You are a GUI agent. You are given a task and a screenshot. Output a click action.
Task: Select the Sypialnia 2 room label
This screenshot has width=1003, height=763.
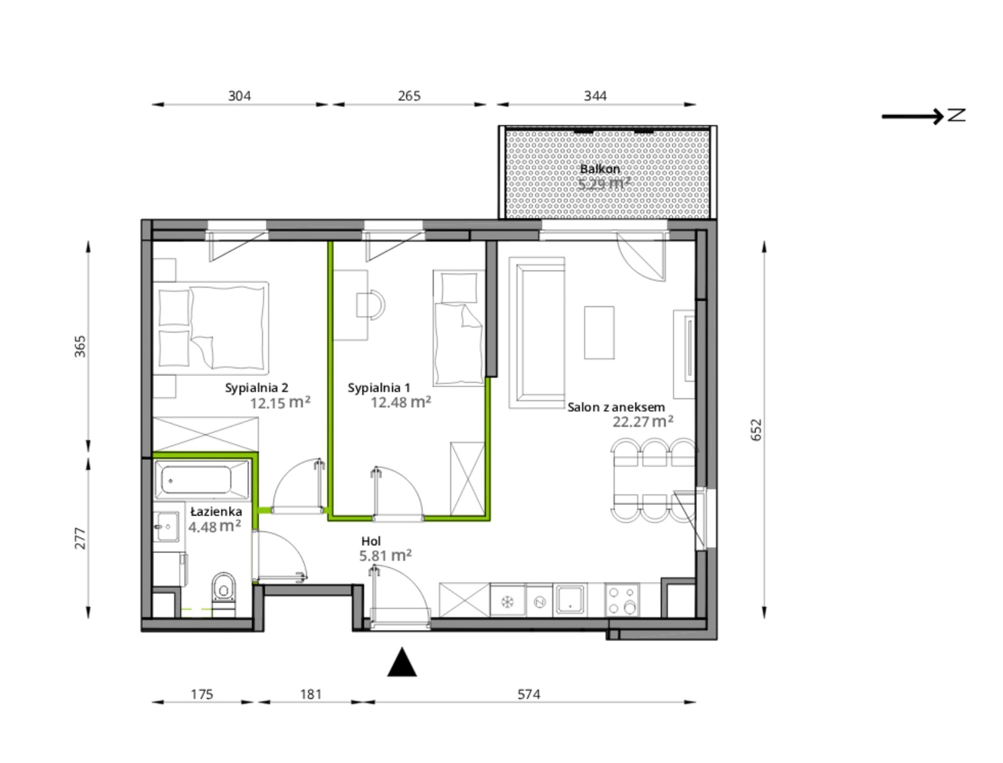tap(257, 388)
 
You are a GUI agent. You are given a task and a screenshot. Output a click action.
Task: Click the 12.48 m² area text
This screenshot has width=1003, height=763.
tap(401, 402)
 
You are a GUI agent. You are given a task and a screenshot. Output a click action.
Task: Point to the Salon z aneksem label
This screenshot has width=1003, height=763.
tap(616, 407)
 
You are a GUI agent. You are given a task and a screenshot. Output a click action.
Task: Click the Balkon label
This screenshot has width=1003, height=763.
tap(600, 169)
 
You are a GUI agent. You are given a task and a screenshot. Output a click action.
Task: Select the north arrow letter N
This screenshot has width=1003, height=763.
tap(956, 115)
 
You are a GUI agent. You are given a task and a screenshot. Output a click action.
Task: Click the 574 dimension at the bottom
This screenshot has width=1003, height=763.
tap(529, 694)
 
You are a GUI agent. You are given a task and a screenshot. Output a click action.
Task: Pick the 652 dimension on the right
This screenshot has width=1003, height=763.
tap(756, 430)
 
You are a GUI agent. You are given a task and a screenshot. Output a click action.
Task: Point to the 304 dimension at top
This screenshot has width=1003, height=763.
tap(239, 96)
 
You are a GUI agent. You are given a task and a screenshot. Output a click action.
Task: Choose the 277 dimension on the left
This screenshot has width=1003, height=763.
tap(80, 538)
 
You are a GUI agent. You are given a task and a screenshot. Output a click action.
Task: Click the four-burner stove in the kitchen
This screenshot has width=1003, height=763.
tap(622, 600)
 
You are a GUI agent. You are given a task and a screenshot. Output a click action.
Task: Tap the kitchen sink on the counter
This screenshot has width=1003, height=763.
tap(570, 600)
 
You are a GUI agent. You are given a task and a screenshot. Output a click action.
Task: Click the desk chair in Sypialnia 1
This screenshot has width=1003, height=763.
tap(371, 305)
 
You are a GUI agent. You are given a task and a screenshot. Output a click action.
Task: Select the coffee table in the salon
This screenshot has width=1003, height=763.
tap(599, 333)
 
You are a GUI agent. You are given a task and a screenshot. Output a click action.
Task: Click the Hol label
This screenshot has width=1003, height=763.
tap(371, 541)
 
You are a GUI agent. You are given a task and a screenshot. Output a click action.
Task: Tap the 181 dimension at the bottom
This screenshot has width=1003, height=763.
tap(311, 694)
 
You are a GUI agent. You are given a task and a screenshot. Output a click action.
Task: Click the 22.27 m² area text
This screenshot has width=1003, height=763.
tap(642, 421)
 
